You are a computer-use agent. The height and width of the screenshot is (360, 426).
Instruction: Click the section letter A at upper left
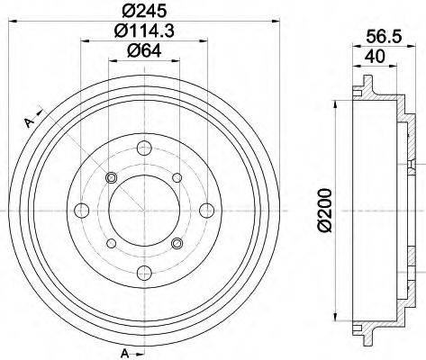(28, 122)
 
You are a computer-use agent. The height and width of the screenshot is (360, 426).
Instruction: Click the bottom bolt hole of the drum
(143, 274)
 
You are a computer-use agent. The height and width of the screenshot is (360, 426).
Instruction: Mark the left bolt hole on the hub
(80, 211)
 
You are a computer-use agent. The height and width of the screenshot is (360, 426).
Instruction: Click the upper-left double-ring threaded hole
(111, 177)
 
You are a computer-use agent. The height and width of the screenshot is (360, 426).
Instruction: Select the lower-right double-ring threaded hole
(177, 243)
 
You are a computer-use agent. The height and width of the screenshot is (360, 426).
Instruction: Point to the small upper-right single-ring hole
(177, 177)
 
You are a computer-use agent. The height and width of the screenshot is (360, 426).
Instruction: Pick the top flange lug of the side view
(367, 88)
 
